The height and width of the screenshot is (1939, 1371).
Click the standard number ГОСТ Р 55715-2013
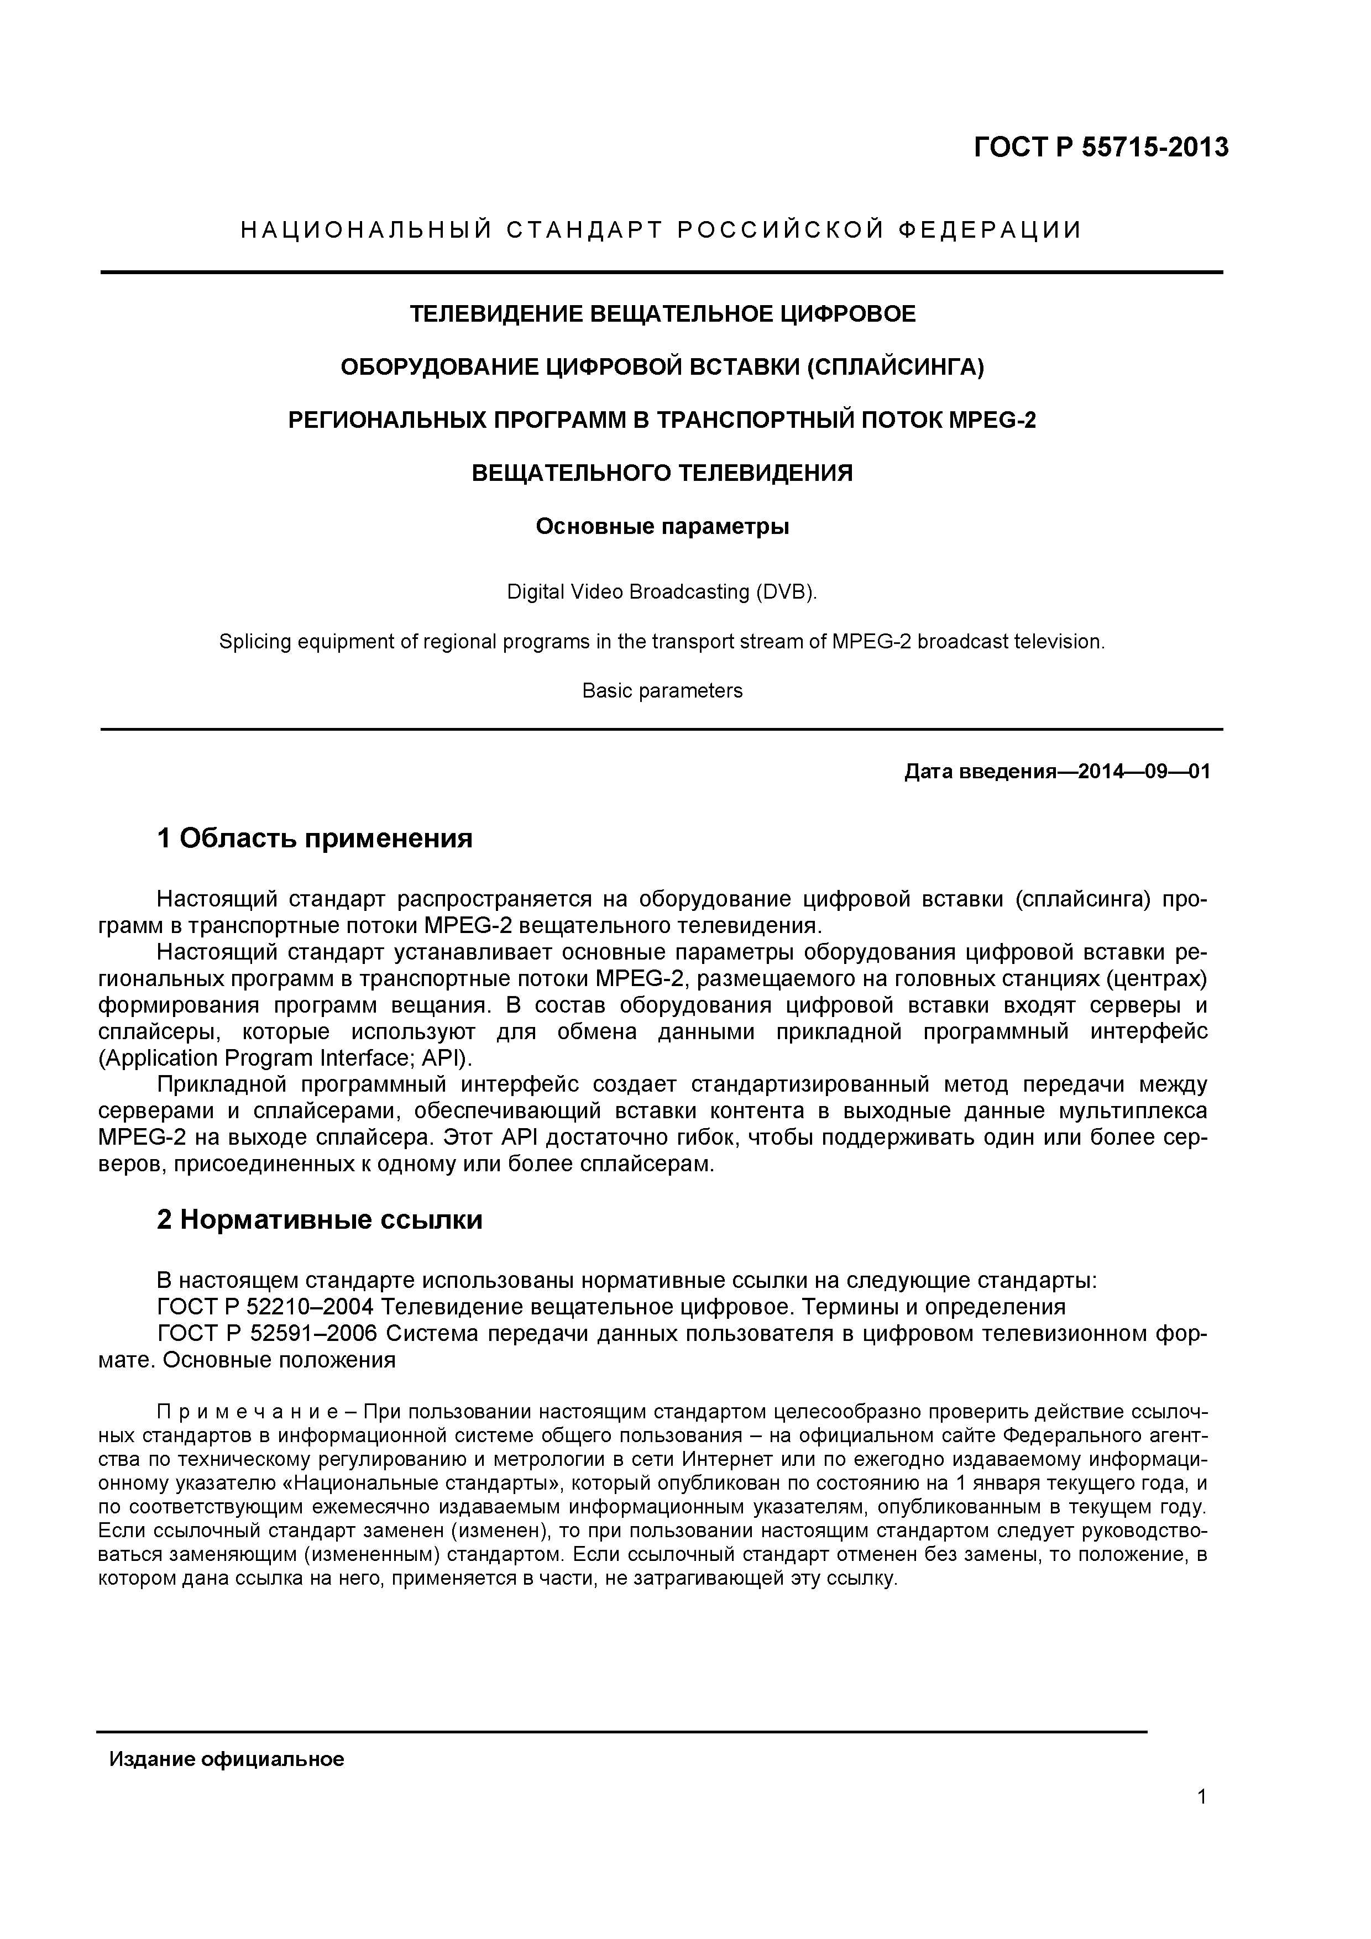point(1101,149)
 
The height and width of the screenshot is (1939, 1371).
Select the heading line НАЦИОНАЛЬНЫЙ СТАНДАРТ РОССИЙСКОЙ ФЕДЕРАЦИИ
point(661,230)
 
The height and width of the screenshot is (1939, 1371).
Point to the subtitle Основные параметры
point(662,527)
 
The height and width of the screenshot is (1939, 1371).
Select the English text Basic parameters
point(662,691)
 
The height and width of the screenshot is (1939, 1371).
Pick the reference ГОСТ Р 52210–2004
point(265,1307)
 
